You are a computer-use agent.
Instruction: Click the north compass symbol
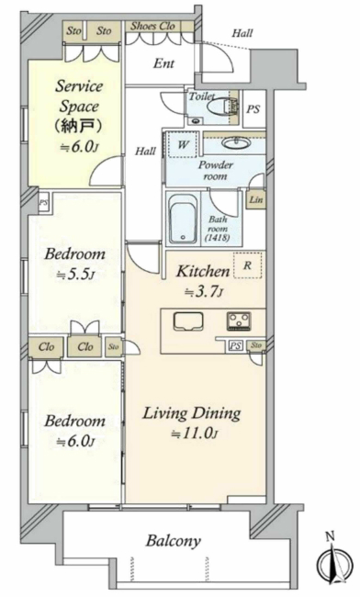point(332,561)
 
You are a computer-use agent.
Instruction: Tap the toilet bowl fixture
point(223,107)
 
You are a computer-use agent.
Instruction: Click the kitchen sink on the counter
point(188,321)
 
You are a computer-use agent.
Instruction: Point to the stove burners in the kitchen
point(239,321)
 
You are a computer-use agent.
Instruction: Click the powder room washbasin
point(236,143)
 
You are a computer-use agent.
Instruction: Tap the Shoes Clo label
point(152,27)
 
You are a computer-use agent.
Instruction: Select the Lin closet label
point(255,199)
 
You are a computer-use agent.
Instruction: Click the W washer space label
point(183,145)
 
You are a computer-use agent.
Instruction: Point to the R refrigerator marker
point(247,265)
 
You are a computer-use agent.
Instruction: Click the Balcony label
point(174,541)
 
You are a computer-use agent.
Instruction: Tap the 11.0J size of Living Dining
point(195,433)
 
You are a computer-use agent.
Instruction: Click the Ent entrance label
point(164,63)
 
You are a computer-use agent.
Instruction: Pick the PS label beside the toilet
point(253,109)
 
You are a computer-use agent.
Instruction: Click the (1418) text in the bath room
point(218,239)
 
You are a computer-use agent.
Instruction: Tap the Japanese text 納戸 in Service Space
point(78,126)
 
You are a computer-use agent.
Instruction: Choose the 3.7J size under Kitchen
point(204,292)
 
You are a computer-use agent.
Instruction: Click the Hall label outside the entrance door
point(242,33)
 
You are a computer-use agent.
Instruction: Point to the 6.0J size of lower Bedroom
point(75,442)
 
